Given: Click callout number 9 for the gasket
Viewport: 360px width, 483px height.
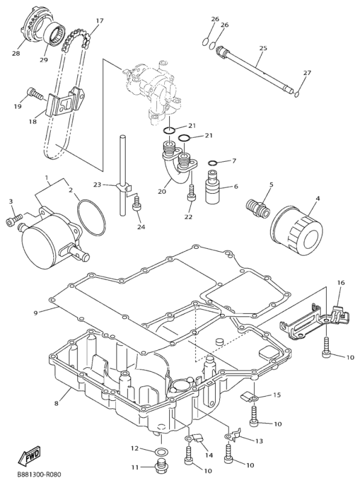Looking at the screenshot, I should (36, 312).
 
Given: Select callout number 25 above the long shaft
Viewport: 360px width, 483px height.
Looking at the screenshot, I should (263, 48).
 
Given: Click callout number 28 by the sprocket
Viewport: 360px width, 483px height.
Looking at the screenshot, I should (15, 54).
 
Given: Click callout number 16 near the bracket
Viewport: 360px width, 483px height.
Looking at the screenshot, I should (341, 282).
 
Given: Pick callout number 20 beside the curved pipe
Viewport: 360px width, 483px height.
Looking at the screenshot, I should (161, 191).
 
